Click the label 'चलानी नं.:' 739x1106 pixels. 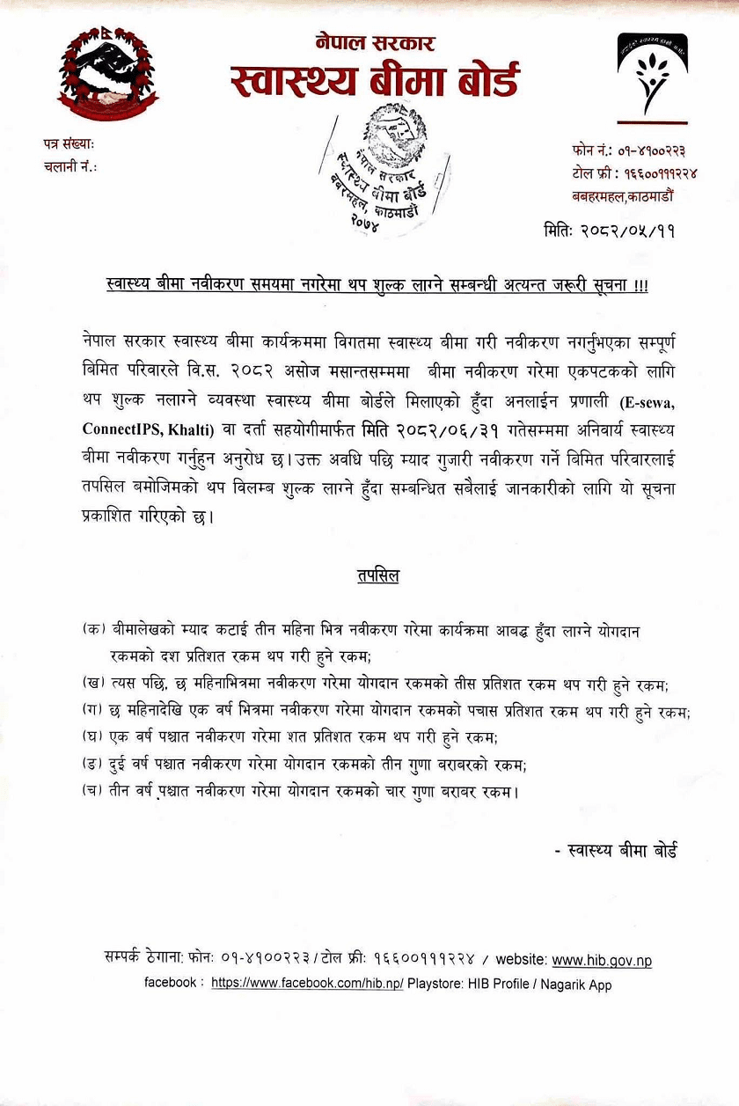point(70,166)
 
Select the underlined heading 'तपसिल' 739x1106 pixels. point(377,576)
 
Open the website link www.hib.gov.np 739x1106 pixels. point(602,960)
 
